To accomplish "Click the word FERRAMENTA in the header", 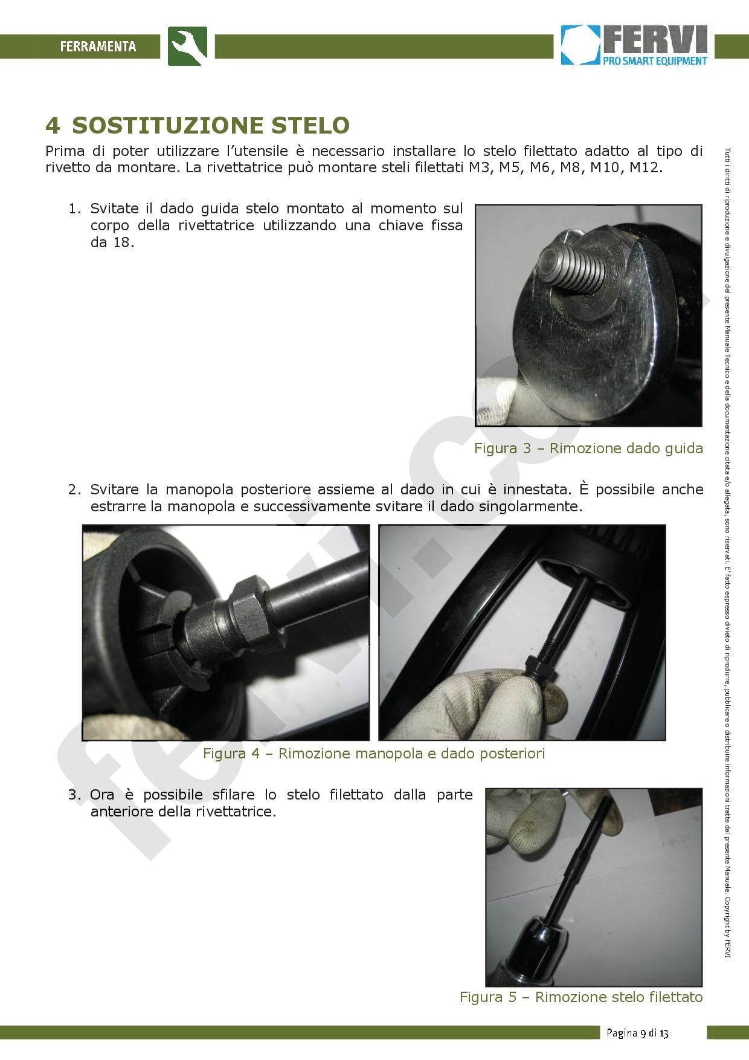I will click(98, 47).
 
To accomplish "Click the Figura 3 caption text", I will click(588, 448).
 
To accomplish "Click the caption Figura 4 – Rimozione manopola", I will click(373, 754).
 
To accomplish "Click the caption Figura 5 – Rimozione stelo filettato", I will click(580, 997).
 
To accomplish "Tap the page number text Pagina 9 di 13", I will click(637, 1033).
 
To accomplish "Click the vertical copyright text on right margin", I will click(728, 544).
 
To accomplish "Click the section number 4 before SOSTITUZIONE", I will click(53, 125).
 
